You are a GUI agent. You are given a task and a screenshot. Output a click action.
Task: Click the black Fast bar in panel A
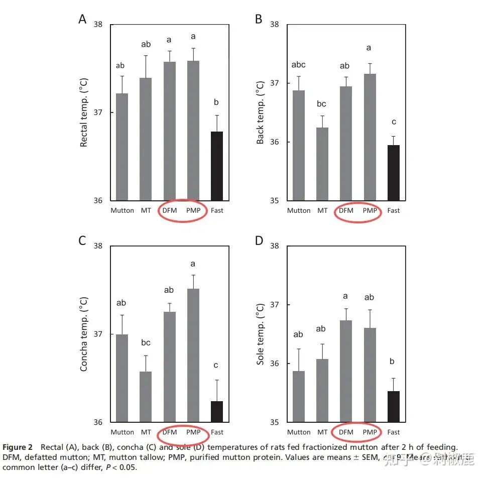216,166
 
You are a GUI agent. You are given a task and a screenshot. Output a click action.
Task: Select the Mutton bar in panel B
299,145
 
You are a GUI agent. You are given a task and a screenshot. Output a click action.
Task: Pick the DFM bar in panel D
346,371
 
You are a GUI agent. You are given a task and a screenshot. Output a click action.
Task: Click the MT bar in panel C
146,397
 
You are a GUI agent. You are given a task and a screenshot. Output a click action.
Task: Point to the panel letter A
82,19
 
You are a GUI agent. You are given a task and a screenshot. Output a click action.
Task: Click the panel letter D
259,241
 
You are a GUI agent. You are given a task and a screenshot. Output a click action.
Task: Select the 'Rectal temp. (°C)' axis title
84,113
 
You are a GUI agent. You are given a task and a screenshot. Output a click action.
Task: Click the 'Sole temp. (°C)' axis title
260,333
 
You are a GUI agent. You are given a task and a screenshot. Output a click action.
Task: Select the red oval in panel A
182,211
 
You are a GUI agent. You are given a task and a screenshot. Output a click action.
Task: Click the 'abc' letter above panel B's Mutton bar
298,65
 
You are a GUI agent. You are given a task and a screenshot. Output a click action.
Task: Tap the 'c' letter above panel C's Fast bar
217,365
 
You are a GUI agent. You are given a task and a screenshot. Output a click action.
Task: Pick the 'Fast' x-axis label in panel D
393,432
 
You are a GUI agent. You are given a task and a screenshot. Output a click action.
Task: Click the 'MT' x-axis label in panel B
322,211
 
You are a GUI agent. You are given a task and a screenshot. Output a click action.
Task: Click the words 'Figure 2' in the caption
18,447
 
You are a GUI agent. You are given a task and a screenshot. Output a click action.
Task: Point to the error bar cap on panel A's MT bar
146,56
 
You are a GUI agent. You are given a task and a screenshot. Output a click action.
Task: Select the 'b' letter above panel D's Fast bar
393,362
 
